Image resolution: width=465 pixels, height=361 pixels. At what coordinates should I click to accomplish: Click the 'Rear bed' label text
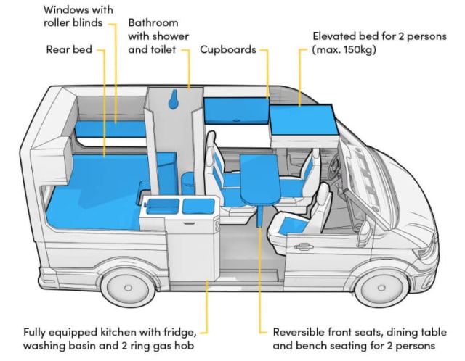[x=68, y=50]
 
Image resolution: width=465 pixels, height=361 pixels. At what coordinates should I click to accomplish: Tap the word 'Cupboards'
[x=229, y=51]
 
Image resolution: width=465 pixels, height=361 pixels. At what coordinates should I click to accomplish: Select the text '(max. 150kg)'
[x=341, y=51]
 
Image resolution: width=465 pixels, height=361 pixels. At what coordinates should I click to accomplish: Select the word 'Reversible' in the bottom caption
[x=298, y=332]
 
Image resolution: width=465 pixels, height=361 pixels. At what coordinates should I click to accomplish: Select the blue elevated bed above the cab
[x=302, y=116]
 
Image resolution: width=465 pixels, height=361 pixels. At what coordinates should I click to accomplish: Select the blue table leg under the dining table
[x=259, y=216]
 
